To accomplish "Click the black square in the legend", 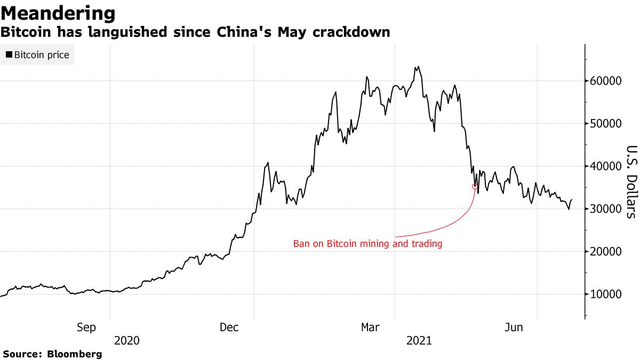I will pos(9,55).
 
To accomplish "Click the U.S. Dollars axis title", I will pos(631,181).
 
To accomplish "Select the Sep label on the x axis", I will pos(86,327).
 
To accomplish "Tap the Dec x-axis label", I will pos(229,327).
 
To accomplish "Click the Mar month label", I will pos(371,327).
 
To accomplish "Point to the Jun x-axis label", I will pos(514,327).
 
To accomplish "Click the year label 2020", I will pos(127,340).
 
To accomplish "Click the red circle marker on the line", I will pos(475,186).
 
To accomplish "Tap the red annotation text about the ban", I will pos(368,244).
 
